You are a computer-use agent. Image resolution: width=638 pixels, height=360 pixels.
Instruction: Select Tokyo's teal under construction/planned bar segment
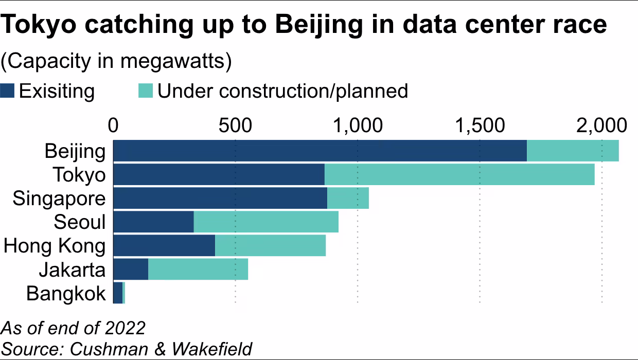point(459,174)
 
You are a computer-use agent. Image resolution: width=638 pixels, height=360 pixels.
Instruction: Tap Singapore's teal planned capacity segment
point(348,198)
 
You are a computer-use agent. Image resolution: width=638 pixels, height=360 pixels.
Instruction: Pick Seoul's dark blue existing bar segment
point(153,222)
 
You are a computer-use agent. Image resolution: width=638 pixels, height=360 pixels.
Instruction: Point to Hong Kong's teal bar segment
point(270,246)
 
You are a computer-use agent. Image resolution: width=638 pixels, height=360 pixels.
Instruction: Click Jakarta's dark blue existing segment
point(131,269)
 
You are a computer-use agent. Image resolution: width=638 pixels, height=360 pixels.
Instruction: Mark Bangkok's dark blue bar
point(118,293)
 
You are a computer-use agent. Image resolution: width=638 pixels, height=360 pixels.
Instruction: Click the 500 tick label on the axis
point(235,125)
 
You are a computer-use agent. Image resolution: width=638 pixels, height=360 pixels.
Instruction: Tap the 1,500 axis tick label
point(480,125)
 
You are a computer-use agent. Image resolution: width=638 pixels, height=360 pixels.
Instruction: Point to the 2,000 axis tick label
point(601,125)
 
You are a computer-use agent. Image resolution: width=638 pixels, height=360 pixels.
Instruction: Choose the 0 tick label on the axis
point(113,125)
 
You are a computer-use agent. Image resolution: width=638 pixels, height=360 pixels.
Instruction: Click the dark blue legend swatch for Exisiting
point(8,91)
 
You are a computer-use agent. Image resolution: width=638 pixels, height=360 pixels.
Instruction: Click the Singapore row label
point(59,199)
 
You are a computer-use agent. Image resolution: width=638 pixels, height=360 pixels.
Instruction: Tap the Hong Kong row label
point(55,246)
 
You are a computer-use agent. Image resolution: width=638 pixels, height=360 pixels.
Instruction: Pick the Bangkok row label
point(66,294)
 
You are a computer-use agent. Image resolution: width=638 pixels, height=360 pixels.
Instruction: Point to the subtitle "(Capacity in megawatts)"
point(116,61)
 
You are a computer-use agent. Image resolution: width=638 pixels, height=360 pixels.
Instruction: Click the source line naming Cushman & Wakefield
point(127,348)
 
